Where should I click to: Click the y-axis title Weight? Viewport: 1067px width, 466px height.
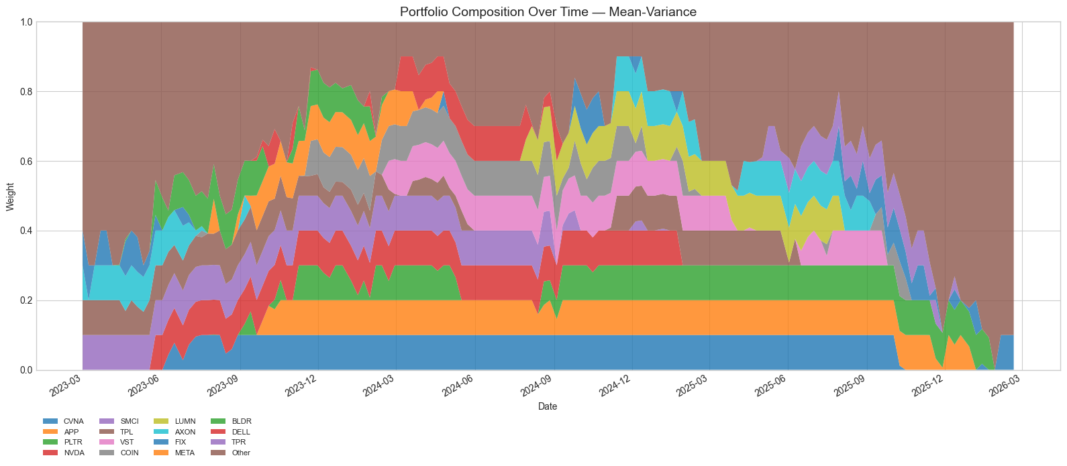[x=10, y=196]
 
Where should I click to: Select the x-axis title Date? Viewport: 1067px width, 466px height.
[x=548, y=406]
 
